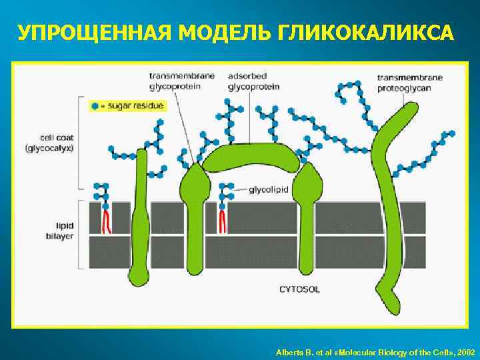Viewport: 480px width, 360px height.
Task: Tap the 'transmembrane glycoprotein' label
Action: coord(182,81)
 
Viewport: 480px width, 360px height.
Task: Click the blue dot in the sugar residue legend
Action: coord(95,106)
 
